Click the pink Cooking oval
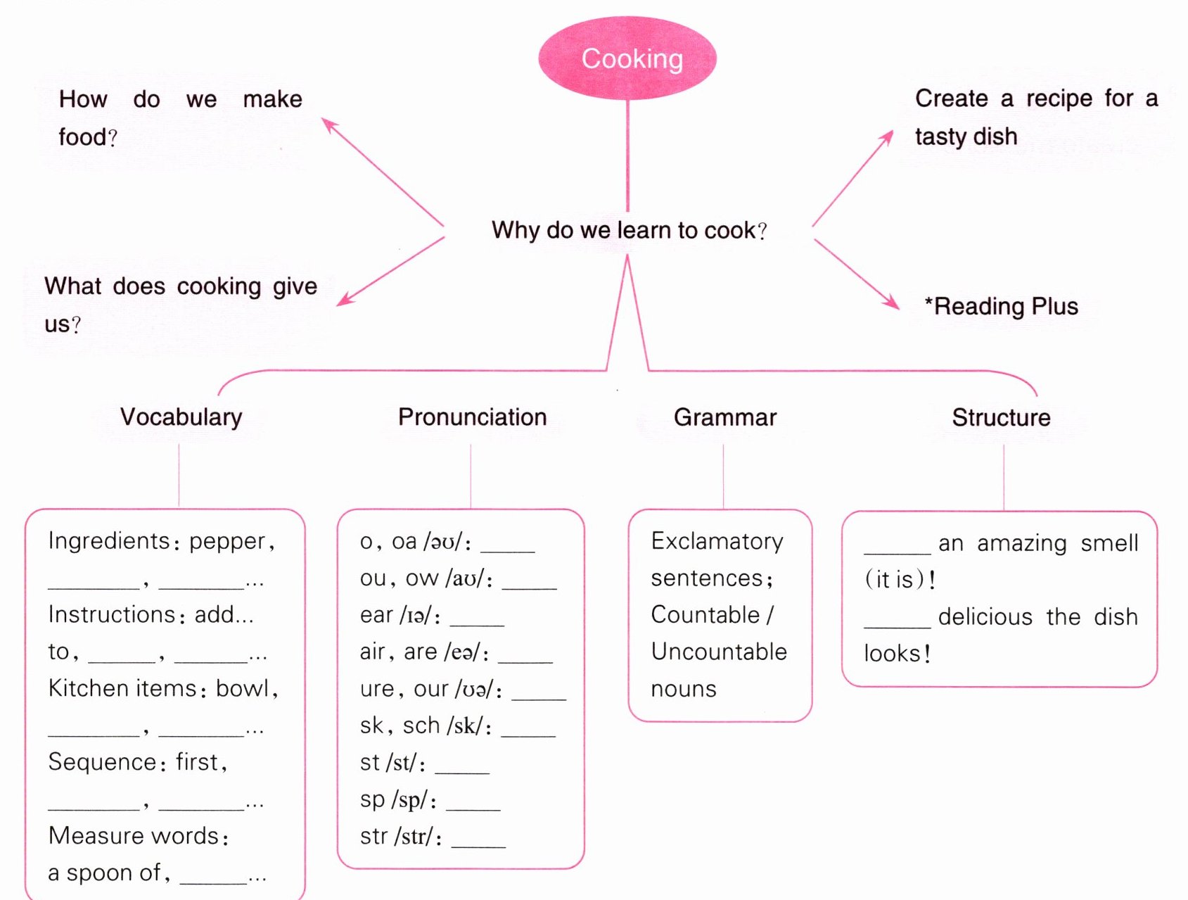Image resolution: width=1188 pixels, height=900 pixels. click(x=627, y=58)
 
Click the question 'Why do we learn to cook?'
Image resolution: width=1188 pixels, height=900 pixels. click(x=630, y=230)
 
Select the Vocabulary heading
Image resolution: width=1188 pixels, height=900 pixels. click(x=181, y=417)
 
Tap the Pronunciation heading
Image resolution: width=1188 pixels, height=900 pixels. click(x=473, y=417)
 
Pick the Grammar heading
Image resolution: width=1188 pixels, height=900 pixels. click(x=725, y=417)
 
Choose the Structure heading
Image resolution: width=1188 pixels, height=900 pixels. click(x=1002, y=417)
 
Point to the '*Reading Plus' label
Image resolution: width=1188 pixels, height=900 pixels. click(x=1002, y=307)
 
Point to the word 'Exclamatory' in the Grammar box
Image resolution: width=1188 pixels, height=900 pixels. click(x=717, y=542)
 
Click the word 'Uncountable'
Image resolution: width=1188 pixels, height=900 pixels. click(x=719, y=652)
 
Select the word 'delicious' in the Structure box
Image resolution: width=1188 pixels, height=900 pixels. click(x=985, y=617)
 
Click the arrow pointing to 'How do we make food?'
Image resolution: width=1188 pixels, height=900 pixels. click(x=383, y=172)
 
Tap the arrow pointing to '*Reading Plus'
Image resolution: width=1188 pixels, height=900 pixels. click(x=857, y=274)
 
